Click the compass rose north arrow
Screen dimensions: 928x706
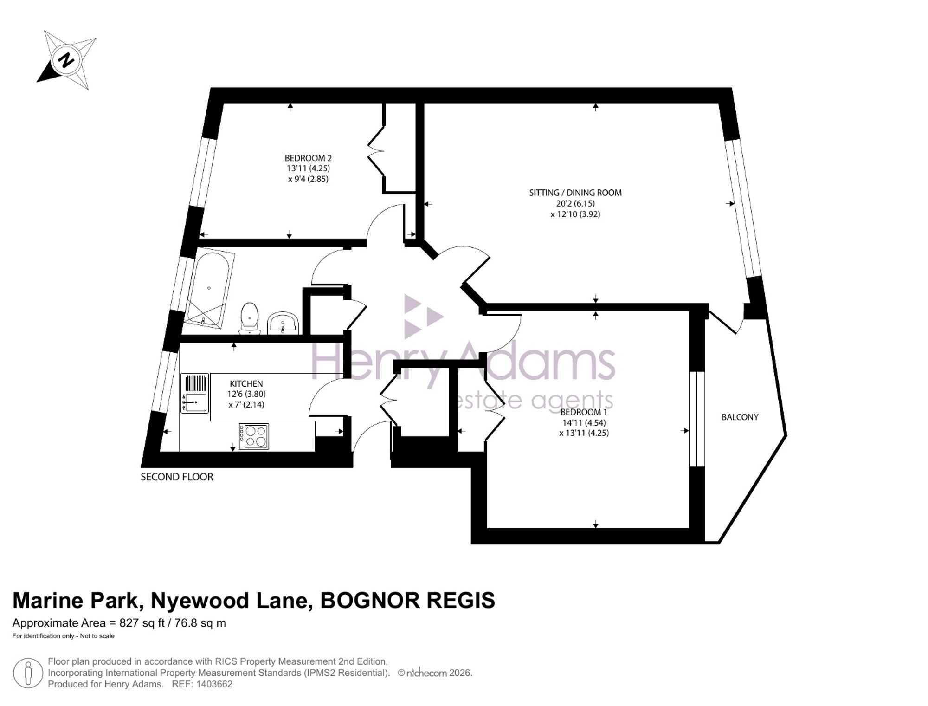coord(66,60)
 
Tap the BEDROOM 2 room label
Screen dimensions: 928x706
coord(308,158)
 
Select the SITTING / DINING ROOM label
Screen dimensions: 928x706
coord(575,193)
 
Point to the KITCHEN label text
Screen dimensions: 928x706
coord(246,384)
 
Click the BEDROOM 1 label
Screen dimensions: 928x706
coord(584,412)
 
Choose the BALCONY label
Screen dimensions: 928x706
coord(740,417)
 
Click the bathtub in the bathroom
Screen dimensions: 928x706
coord(209,288)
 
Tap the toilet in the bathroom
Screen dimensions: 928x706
coord(250,318)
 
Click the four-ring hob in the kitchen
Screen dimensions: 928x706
coord(254,436)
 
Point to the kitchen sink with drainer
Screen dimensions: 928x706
coord(195,394)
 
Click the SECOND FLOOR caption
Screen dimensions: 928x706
coord(177,477)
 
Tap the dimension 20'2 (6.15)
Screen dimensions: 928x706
coord(575,203)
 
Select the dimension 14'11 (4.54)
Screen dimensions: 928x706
coord(584,423)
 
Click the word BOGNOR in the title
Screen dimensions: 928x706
coord(370,601)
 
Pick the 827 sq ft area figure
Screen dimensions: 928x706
coord(142,623)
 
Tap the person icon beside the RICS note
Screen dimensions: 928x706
coord(28,673)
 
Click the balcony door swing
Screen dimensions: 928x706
coord(726,322)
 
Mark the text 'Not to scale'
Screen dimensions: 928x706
coord(97,636)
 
